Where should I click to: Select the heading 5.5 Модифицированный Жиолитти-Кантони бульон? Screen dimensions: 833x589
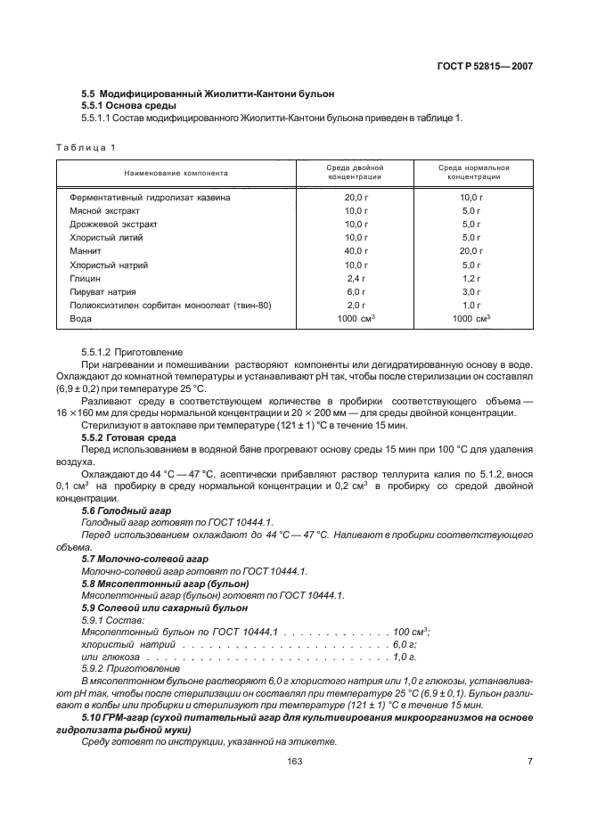click(x=208, y=93)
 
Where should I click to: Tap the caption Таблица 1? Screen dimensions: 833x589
click(x=86, y=147)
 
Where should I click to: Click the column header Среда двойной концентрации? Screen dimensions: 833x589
click(x=356, y=172)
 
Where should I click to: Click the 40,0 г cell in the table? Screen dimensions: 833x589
click(x=356, y=252)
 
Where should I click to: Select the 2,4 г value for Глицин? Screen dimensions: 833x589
click(x=356, y=279)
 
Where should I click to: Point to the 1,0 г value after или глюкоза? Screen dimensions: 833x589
click(x=404, y=656)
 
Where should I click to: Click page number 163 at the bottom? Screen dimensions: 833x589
click(x=295, y=760)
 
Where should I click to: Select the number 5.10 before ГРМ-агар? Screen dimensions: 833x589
click(x=91, y=717)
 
